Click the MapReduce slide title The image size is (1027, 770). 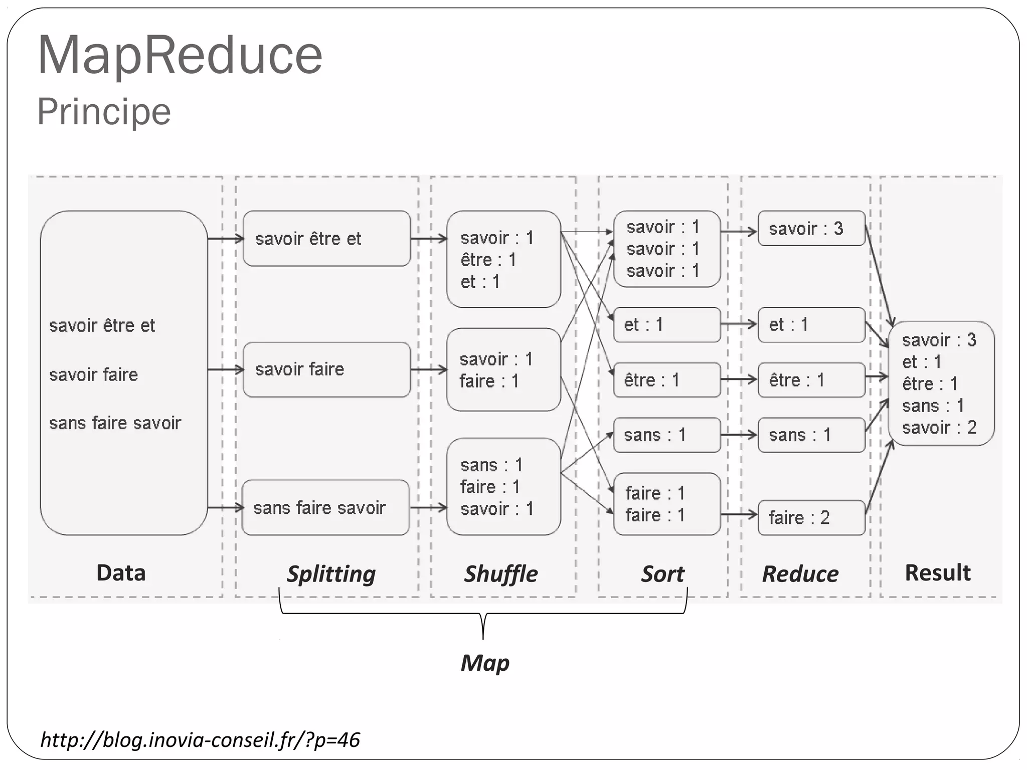(180, 55)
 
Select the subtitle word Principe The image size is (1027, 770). (104, 111)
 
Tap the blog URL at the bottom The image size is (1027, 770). (200, 740)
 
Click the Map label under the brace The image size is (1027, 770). (485, 663)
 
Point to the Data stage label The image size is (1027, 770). (121, 572)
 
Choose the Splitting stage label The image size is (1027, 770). (331, 573)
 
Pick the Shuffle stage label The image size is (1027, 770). (500, 573)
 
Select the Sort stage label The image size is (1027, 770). (662, 573)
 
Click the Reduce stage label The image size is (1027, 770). (800, 573)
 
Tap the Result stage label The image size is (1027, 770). (937, 572)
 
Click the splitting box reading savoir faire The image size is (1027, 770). (327, 369)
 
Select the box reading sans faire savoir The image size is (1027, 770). (325, 508)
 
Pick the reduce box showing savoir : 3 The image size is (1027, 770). (811, 229)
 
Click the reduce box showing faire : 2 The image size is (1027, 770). (811, 517)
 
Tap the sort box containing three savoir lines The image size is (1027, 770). (666, 249)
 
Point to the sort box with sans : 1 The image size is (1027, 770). (666, 435)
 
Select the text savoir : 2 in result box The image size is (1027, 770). (939, 428)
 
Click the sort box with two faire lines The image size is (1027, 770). (666, 504)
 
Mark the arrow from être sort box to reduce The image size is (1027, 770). (739, 379)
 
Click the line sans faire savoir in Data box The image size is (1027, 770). (115, 423)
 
